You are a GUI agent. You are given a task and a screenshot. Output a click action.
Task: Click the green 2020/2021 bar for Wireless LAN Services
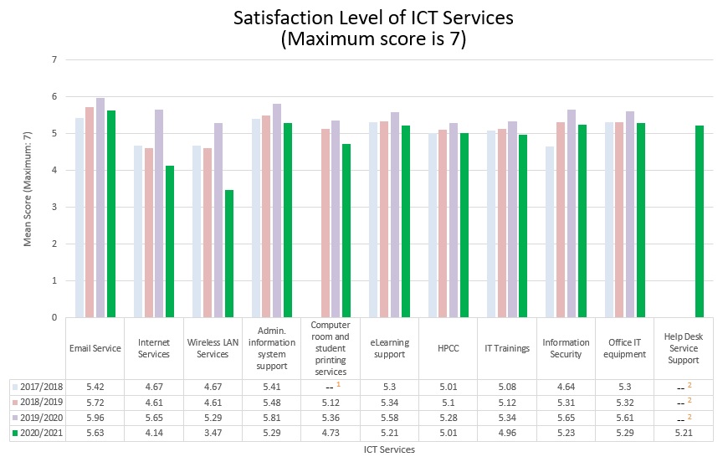[228, 254]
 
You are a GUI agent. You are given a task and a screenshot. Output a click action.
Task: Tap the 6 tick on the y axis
[55, 97]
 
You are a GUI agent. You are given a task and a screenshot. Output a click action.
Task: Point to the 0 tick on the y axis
[55, 317]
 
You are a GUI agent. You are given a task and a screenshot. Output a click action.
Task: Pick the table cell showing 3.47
[213, 434]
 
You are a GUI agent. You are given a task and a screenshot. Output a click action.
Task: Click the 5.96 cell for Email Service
[95, 418]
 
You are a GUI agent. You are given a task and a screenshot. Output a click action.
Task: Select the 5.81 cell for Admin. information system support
[272, 418]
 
